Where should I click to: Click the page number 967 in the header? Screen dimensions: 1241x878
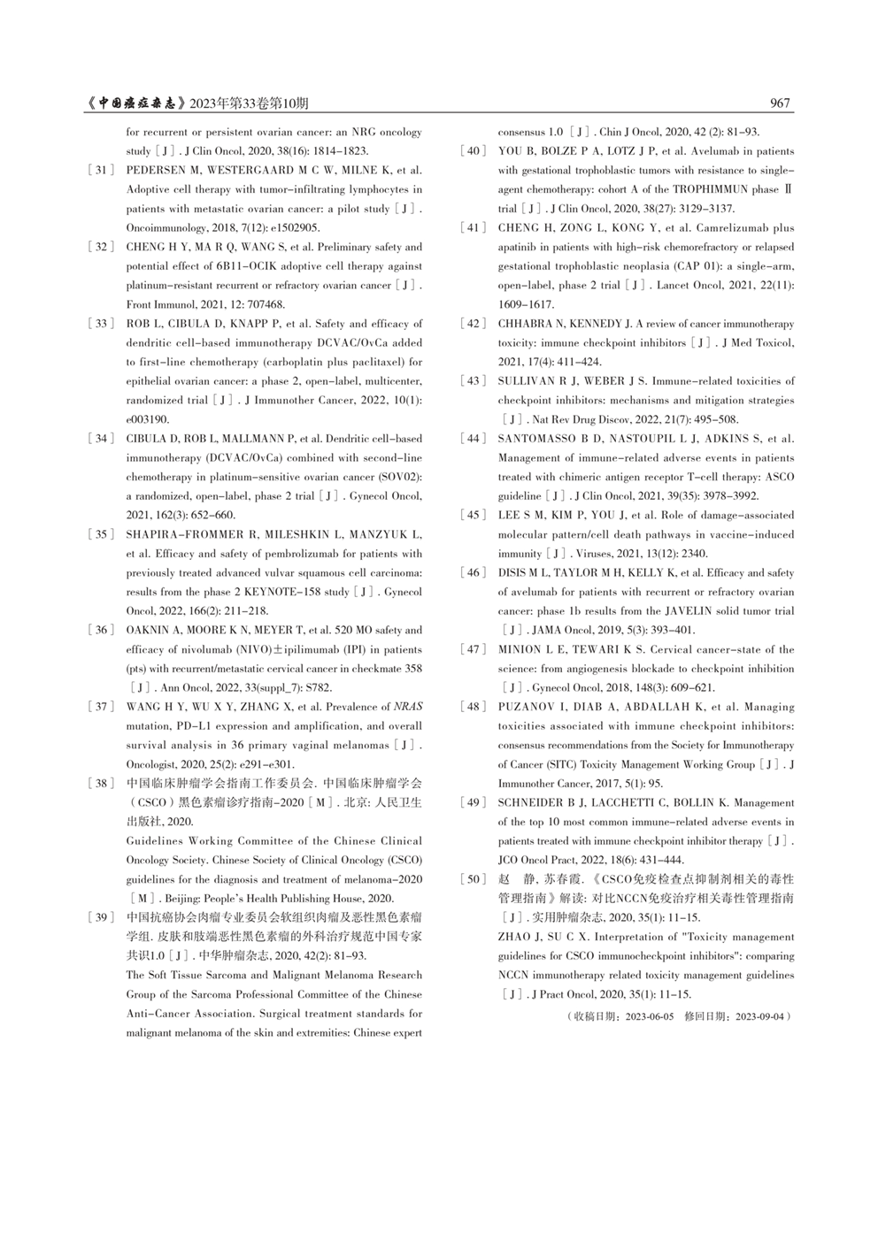[x=780, y=103]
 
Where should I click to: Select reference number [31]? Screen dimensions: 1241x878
[x=102, y=170]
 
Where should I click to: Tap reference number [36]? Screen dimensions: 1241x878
[x=102, y=630]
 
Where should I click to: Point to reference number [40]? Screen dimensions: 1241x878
[x=474, y=151]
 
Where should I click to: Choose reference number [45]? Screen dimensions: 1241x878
[x=474, y=515]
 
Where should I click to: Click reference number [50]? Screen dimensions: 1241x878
[x=474, y=879]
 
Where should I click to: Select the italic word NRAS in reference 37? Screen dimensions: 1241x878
[x=408, y=707]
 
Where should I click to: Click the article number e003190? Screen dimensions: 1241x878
[x=146, y=419]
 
